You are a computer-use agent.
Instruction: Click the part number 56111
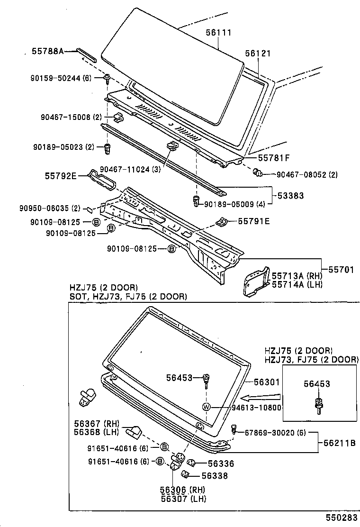(218, 33)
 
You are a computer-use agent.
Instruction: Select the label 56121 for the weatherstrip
(258, 54)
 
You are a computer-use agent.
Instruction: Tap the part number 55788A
(48, 50)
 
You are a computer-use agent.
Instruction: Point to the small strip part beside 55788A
(88, 54)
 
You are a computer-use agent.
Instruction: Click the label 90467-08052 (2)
(307, 175)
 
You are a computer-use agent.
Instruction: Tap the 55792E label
(61, 175)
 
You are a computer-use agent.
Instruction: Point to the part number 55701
(342, 270)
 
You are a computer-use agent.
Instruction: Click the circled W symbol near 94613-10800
(206, 407)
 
